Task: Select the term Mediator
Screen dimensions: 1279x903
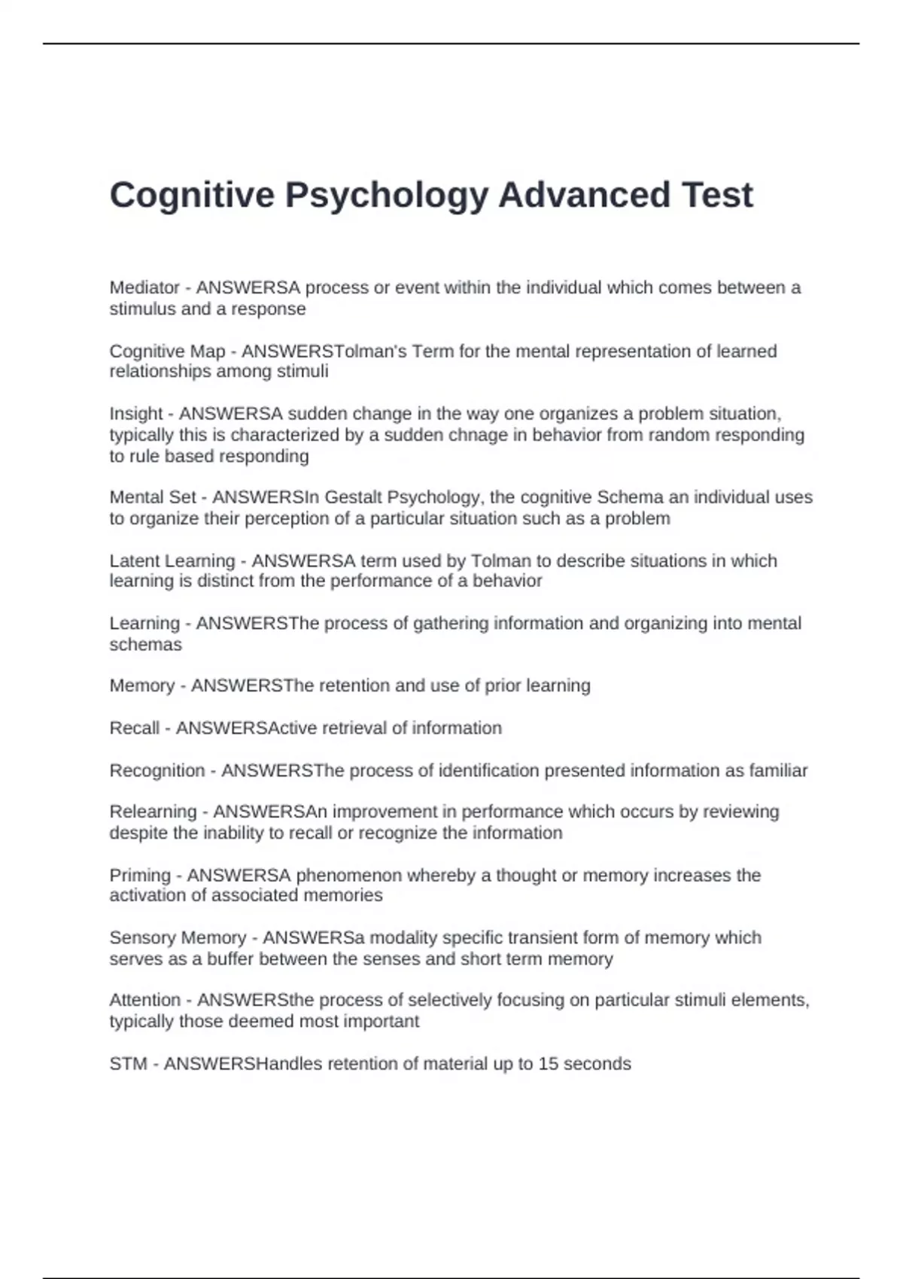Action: click(x=144, y=287)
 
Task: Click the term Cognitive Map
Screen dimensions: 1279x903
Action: click(x=167, y=351)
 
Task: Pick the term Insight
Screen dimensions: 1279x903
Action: click(x=136, y=414)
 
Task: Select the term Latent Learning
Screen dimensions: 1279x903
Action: click(x=172, y=561)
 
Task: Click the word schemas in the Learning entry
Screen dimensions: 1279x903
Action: click(x=146, y=645)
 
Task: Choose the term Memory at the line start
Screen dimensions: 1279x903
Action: click(x=142, y=686)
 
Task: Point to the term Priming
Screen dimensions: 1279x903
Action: click(x=140, y=875)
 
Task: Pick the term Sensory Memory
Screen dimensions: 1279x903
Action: click(x=178, y=938)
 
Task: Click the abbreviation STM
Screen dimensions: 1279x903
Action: click(x=128, y=1064)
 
